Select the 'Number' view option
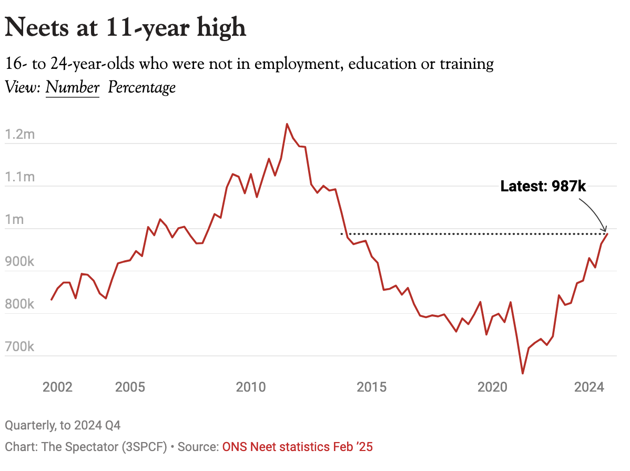(x=73, y=87)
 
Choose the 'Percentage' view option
(x=141, y=87)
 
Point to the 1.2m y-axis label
(x=19, y=135)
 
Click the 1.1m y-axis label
(x=19, y=177)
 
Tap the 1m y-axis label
(x=15, y=220)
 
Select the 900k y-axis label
(x=19, y=262)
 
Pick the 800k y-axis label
(x=19, y=304)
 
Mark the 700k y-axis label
(x=19, y=347)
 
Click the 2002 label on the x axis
(x=57, y=387)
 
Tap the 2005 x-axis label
(x=130, y=387)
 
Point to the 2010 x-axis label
(x=251, y=387)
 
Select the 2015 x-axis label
(x=371, y=387)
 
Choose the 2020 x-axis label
(x=492, y=387)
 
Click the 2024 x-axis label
(x=589, y=387)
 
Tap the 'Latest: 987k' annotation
(x=543, y=186)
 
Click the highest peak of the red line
(x=287, y=124)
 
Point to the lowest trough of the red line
(x=523, y=374)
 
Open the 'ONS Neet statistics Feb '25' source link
(x=297, y=447)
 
